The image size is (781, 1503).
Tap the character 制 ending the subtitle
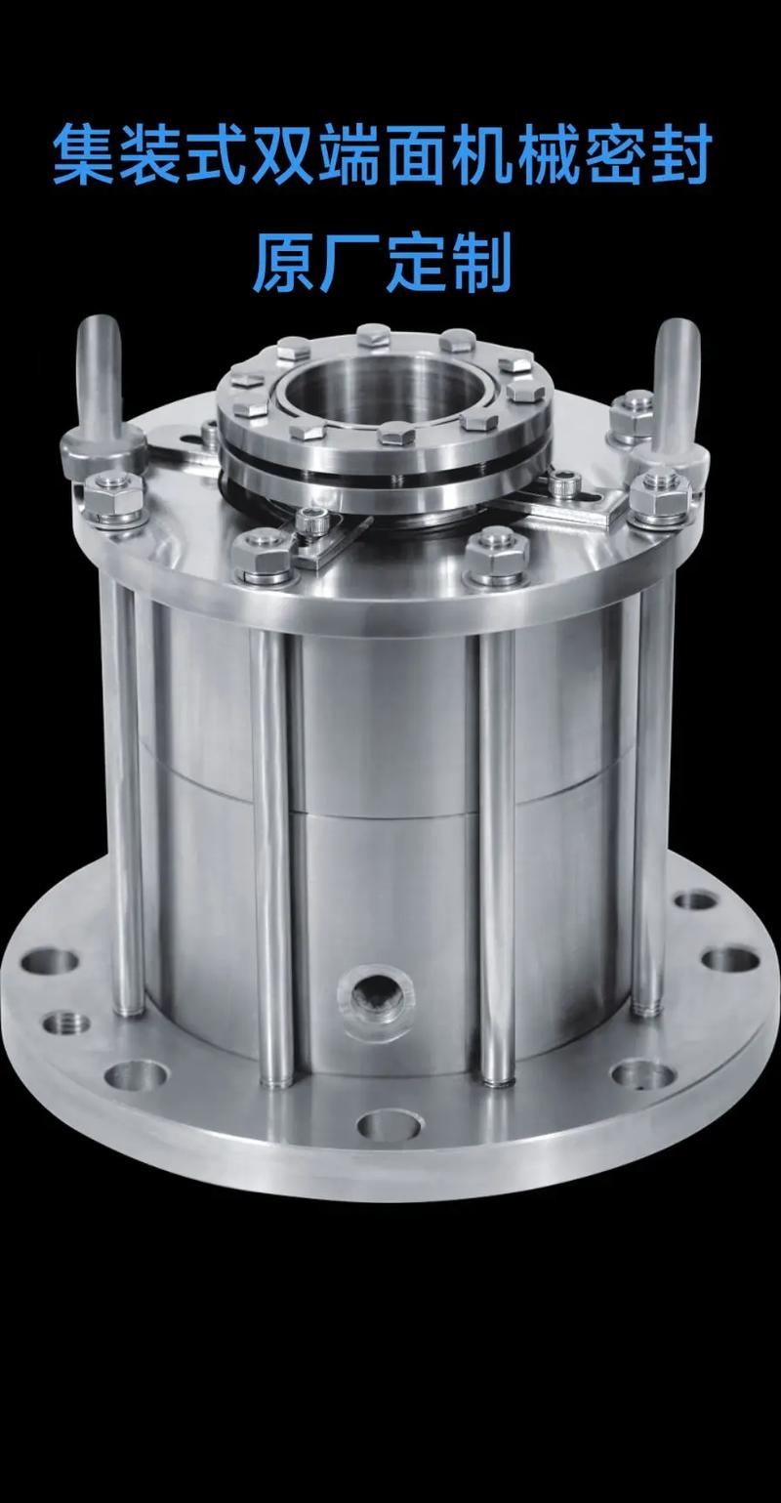point(481,262)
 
